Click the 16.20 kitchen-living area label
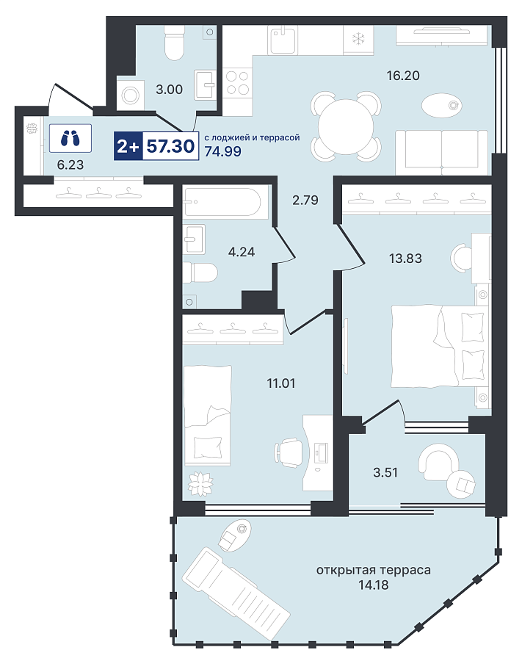[403, 76]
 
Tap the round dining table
[346, 127]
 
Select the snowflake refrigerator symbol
[358, 40]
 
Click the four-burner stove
[238, 82]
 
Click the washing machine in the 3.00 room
[130, 95]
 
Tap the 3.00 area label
[170, 90]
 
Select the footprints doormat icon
[70, 138]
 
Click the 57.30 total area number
[170, 146]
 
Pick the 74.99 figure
[223, 151]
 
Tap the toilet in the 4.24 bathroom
[200, 273]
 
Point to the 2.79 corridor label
[305, 200]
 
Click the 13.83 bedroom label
[405, 258]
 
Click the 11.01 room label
[281, 383]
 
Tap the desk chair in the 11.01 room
[289, 452]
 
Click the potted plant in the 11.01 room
[200, 483]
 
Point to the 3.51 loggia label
[385, 472]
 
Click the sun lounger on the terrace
[236, 593]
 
